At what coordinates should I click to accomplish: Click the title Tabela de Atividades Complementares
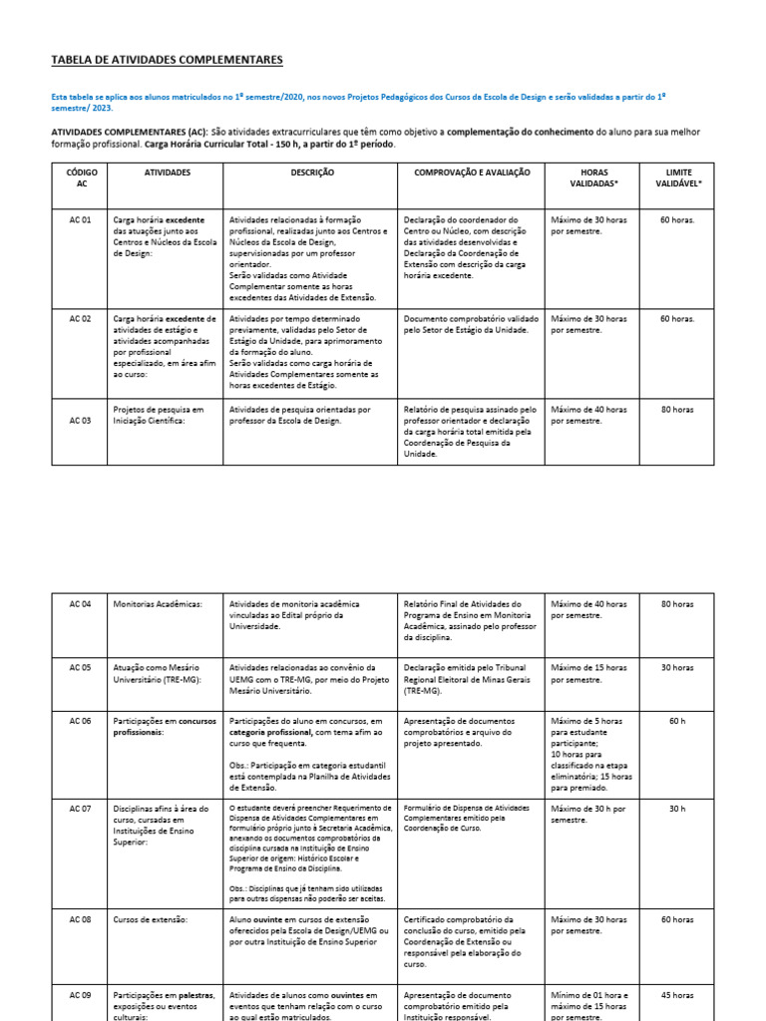(x=167, y=61)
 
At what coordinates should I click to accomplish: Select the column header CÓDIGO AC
(x=81, y=177)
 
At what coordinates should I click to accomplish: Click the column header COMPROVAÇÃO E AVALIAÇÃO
(x=471, y=172)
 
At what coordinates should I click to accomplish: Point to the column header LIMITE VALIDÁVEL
(x=678, y=177)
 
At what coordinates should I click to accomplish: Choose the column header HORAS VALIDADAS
(x=592, y=177)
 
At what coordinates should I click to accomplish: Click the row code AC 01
(x=81, y=219)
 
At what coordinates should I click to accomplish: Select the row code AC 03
(x=81, y=421)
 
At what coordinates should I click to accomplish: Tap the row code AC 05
(x=81, y=667)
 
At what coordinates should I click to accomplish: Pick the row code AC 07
(x=81, y=808)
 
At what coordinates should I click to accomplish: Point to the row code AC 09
(x=81, y=994)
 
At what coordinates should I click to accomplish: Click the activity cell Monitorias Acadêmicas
(x=158, y=604)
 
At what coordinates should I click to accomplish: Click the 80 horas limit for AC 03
(x=678, y=410)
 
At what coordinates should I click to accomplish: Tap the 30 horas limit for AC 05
(x=678, y=667)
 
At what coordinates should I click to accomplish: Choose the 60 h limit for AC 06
(x=678, y=720)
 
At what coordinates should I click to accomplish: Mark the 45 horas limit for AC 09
(x=678, y=994)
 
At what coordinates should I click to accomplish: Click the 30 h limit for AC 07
(x=678, y=808)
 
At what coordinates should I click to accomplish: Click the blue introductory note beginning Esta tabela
(x=358, y=102)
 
